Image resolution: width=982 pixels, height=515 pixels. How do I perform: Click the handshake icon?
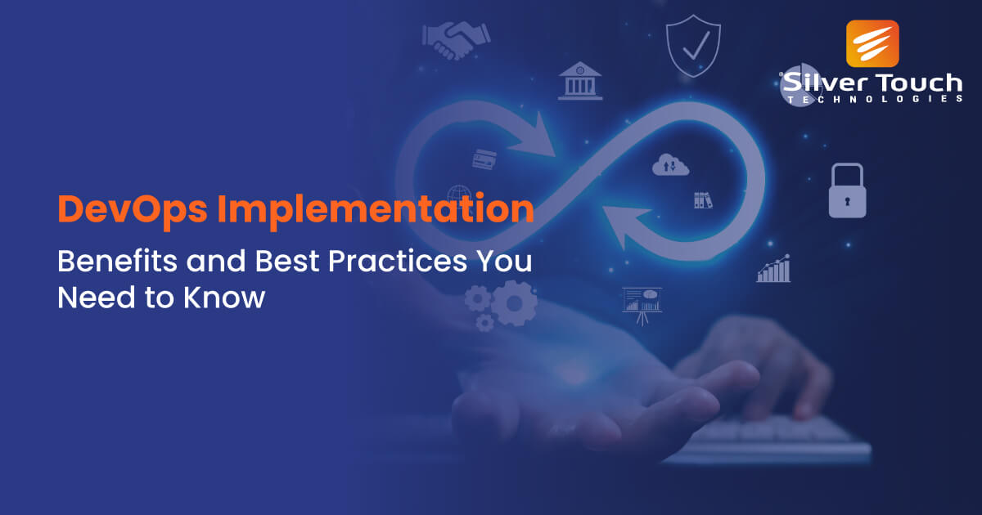point(456,38)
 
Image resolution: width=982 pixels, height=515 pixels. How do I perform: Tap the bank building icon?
point(579,81)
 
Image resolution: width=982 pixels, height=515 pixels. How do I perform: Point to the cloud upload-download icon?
point(670,165)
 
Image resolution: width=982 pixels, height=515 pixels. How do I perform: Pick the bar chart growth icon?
point(773,268)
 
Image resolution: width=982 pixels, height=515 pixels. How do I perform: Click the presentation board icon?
point(642,302)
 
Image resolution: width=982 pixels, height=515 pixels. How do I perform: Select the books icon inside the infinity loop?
point(702,199)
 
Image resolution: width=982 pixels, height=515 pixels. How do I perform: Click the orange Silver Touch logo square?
point(872,43)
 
